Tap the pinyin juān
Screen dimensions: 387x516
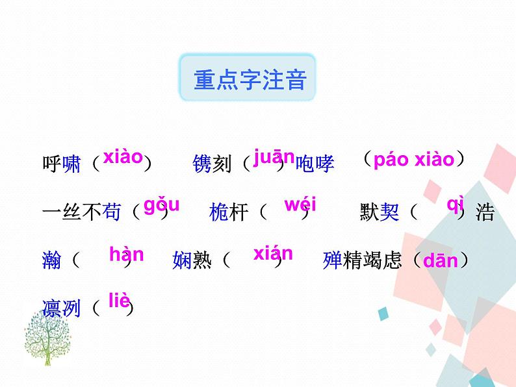tap(274, 156)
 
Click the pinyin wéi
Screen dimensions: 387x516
tap(300, 205)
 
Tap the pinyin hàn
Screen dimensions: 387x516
tap(127, 254)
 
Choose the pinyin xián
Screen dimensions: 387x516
tap(273, 253)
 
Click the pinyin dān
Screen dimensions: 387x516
tap(441, 262)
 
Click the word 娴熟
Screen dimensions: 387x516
tap(192, 261)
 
